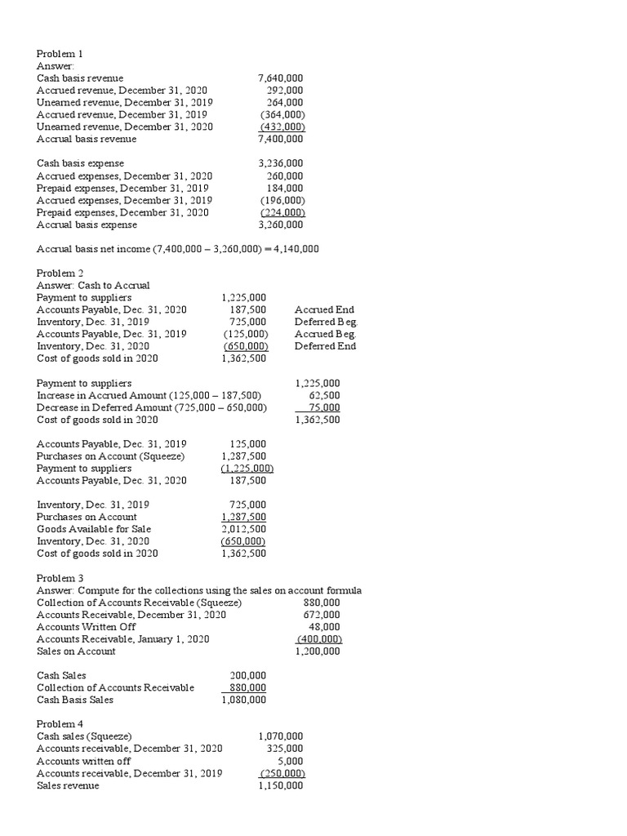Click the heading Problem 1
(60, 54)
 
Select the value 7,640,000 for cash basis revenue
(280, 78)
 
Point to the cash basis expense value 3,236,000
(280, 163)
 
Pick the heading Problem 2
(60, 273)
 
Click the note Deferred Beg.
(326, 322)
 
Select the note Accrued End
(324, 309)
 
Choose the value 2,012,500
(243, 529)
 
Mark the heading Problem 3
(60, 578)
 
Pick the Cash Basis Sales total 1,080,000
(243, 700)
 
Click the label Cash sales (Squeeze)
(84, 736)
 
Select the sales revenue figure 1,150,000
(280, 785)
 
